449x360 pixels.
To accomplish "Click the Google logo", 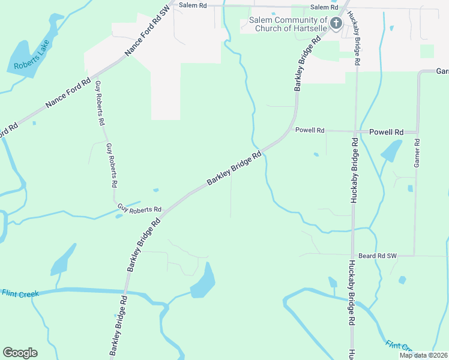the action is tap(20, 353).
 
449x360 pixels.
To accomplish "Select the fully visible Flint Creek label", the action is tap(20, 293).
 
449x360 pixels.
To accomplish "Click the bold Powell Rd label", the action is tap(385, 131).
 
